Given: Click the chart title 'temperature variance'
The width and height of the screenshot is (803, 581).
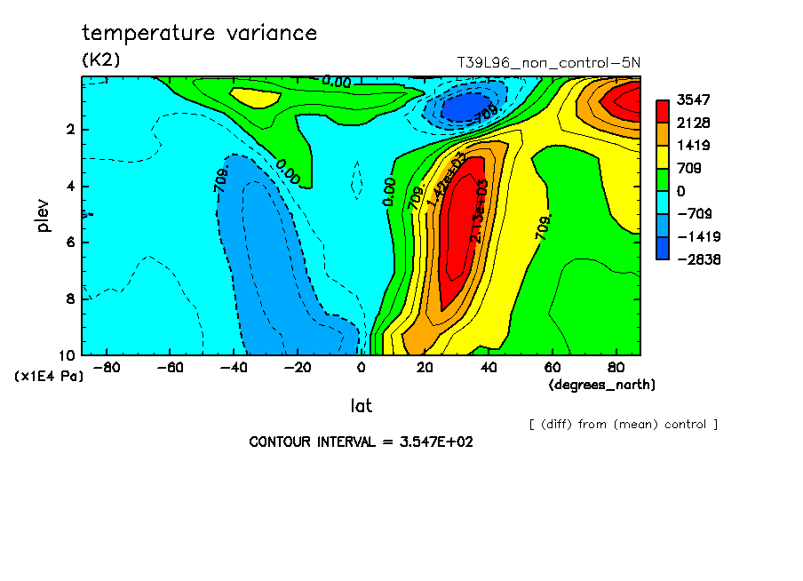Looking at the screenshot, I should (199, 34).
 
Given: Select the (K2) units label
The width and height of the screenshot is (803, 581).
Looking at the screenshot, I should (100, 60).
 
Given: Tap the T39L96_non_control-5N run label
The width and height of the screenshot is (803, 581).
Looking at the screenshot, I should (548, 62).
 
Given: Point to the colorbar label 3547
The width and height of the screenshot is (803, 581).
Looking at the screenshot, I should (691, 99).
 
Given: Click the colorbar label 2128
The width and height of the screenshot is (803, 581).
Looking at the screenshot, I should (691, 123).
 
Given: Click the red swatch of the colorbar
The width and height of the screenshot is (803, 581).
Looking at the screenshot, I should (663, 111).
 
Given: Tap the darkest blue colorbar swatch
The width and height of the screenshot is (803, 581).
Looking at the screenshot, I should (663, 248).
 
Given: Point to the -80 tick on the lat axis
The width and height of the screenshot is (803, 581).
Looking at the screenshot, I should (106, 367).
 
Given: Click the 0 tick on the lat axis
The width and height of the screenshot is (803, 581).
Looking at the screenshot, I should (361, 367).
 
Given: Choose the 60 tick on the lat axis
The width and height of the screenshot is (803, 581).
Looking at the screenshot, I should (552, 367).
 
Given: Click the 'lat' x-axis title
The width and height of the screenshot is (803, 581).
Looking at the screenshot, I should (361, 406).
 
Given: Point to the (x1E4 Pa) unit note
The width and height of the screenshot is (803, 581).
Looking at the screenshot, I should (49, 377).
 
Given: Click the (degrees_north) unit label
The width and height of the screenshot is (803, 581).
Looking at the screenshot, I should (601, 384).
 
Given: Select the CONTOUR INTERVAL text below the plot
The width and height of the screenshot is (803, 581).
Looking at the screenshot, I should (361, 442).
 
